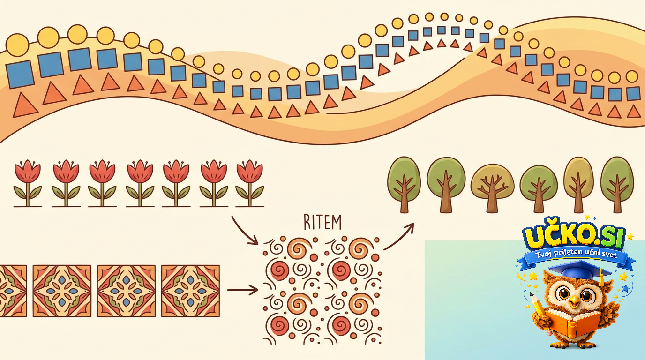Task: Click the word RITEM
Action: point(322,222)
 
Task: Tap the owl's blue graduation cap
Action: point(579,271)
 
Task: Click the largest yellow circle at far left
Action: point(17,45)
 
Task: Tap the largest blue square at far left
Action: point(20,74)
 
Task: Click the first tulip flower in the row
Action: point(28,183)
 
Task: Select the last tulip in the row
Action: point(250,183)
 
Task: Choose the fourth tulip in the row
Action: point(140,183)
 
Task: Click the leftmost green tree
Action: point(404,185)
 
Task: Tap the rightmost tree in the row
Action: point(617,185)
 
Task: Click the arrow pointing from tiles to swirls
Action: point(242,290)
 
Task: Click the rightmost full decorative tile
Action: point(190,291)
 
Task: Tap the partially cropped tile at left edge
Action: point(13,291)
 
